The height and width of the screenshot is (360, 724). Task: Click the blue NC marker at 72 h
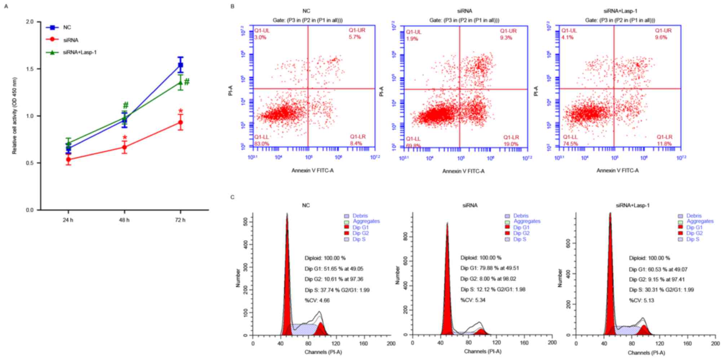(x=180, y=65)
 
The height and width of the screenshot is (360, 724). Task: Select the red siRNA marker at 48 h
(x=124, y=147)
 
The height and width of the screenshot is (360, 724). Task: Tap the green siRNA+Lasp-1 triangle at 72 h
(x=180, y=83)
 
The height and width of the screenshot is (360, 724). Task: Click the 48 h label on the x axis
(x=124, y=220)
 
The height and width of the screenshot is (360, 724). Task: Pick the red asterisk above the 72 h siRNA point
(x=181, y=111)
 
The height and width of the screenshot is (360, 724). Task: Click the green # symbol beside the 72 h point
(x=187, y=82)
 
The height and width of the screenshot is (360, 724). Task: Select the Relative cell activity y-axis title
(x=14, y=116)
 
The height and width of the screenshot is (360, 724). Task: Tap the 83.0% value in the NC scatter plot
(x=262, y=143)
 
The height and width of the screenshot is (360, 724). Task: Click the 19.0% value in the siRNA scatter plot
(x=511, y=144)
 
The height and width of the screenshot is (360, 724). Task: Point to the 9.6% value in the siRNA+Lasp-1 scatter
(x=661, y=37)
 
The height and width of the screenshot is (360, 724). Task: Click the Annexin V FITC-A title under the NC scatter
(x=313, y=170)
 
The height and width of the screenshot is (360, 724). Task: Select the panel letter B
(x=232, y=6)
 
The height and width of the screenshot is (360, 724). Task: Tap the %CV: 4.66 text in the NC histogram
(x=317, y=300)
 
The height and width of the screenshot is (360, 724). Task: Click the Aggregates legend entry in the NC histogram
(x=366, y=221)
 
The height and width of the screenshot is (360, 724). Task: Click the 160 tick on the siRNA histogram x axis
(x=524, y=343)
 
